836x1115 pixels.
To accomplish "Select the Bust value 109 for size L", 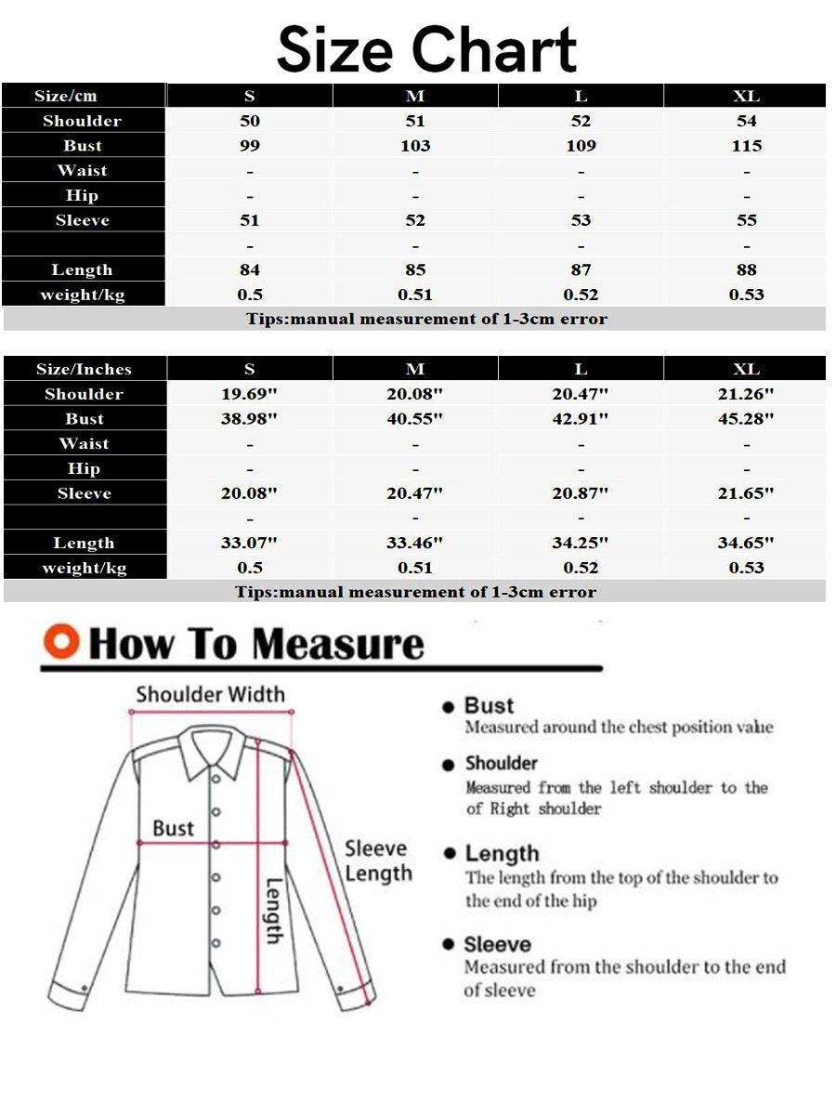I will [581, 146].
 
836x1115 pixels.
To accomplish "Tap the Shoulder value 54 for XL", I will [746, 121].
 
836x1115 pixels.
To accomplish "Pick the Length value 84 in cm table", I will [250, 270].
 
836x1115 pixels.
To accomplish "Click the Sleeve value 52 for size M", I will [415, 220].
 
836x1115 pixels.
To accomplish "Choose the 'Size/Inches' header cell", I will [84, 369].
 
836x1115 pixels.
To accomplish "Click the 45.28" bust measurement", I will [746, 419].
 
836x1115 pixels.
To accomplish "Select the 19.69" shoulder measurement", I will [250, 394].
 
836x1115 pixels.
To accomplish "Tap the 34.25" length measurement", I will [581, 544].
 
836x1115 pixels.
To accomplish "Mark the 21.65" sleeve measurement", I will [746, 493].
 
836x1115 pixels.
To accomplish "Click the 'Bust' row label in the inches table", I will [84, 419].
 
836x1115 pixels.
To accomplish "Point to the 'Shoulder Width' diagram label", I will [210, 694].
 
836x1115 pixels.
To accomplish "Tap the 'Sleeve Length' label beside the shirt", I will [377, 860].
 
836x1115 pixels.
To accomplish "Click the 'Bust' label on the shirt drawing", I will [174, 828].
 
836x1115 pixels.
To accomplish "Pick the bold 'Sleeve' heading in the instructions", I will [497, 944].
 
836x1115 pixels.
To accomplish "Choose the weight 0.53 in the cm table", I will [746, 295].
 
